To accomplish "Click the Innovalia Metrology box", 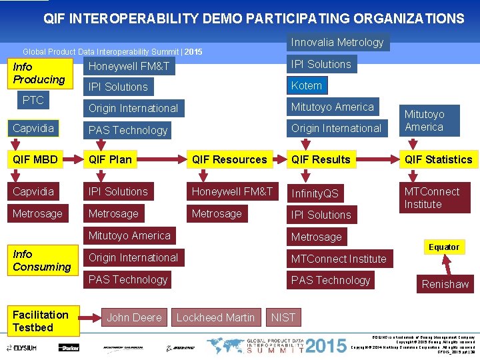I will [x=337, y=43].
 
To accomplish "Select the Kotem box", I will [x=307, y=85].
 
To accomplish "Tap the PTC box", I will [x=33, y=101].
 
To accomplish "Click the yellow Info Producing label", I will [x=39, y=73].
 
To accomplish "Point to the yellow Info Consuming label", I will [x=42, y=261].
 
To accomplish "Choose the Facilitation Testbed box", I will [x=42, y=321].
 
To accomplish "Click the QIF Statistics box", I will [x=438, y=159].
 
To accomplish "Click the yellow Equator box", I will [x=444, y=247].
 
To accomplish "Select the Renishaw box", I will [x=445, y=284].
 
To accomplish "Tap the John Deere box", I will [x=134, y=317].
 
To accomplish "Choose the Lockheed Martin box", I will [x=215, y=317].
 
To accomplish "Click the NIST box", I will [x=283, y=317].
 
